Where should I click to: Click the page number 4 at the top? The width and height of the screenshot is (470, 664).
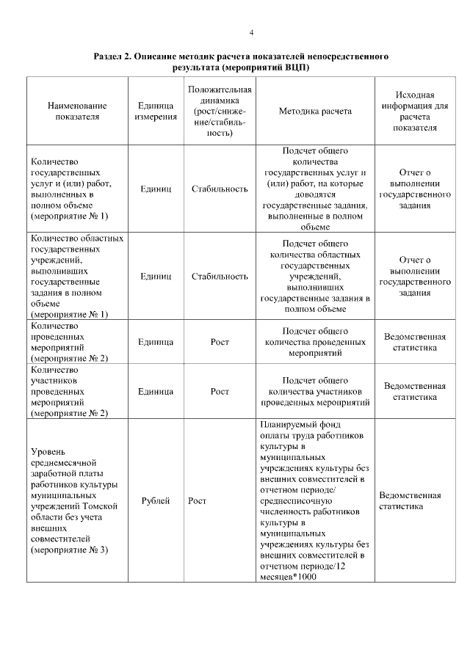tap(251, 33)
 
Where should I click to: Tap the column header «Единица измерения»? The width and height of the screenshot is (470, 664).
tap(155, 111)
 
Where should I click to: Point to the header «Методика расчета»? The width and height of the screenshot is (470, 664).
tap(315, 112)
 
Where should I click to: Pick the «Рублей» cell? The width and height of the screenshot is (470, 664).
tap(155, 501)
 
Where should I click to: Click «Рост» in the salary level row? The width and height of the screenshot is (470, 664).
tap(197, 501)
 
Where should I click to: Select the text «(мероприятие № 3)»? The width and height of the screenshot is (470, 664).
tap(69, 550)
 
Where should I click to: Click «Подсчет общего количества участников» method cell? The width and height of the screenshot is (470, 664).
tap(315, 391)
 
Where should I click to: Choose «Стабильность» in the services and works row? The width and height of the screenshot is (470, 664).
tap(220, 189)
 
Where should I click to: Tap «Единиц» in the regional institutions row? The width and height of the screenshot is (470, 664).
tap(155, 277)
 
